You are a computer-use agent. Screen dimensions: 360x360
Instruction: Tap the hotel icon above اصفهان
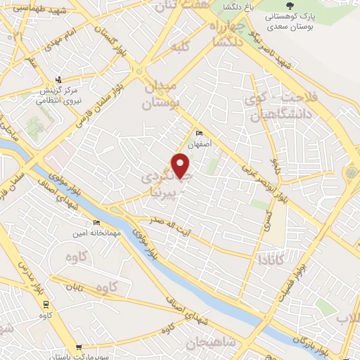199,133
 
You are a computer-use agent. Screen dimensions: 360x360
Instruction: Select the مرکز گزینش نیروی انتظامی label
59,94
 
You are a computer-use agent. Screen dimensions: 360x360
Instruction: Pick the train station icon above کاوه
46,304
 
